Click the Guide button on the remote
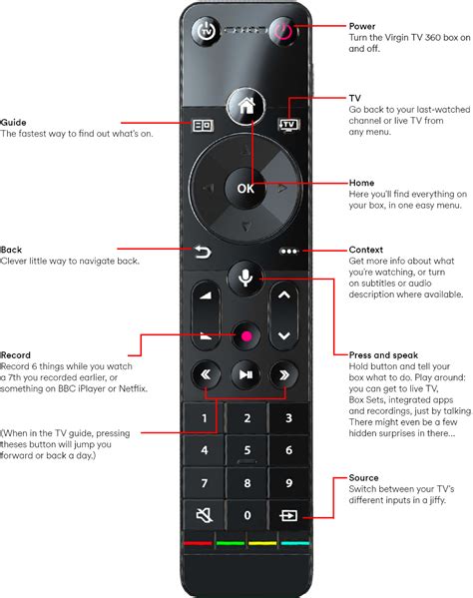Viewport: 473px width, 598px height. tap(203, 127)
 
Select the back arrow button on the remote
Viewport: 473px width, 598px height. tap(203, 253)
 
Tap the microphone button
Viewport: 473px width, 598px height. tap(244, 277)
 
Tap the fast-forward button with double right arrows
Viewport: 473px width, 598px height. tap(285, 374)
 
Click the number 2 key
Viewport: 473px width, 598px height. tap(244, 418)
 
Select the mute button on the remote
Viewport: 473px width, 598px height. tap(203, 516)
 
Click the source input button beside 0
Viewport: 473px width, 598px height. tap(286, 516)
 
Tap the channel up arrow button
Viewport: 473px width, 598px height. tap(285, 296)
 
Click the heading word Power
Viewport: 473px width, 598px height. tap(363, 25)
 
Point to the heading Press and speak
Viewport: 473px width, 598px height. tap(383, 354)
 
